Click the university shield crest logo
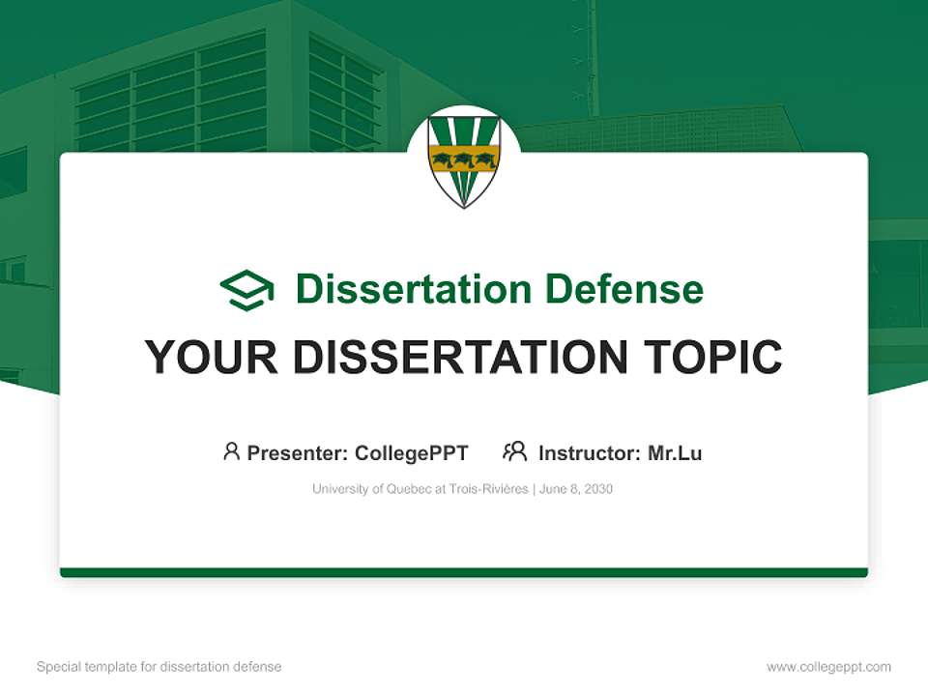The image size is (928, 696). click(x=464, y=160)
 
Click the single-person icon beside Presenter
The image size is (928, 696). click(x=231, y=451)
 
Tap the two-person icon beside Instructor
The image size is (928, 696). click(x=515, y=451)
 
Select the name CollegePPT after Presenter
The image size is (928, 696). click(x=412, y=453)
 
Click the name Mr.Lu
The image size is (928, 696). click(x=675, y=453)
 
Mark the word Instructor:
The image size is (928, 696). click(x=589, y=453)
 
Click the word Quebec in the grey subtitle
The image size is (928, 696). click(x=409, y=489)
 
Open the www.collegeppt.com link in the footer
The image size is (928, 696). click(x=828, y=667)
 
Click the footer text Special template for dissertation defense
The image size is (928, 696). click(x=159, y=667)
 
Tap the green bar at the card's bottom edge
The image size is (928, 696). click(x=464, y=572)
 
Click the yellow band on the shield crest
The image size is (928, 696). click(x=464, y=158)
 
